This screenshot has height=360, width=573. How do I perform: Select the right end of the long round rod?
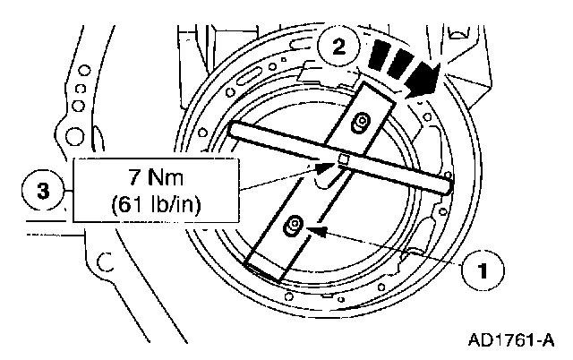coord(447,189)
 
